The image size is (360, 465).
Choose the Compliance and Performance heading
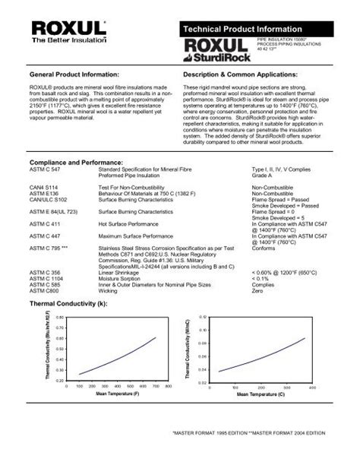pyautogui.click(x=73, y=142)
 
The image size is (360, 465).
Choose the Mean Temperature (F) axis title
pyautogui.click(x=117, y=394)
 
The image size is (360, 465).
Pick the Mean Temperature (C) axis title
pyautogui.click(x=261, y=394)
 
